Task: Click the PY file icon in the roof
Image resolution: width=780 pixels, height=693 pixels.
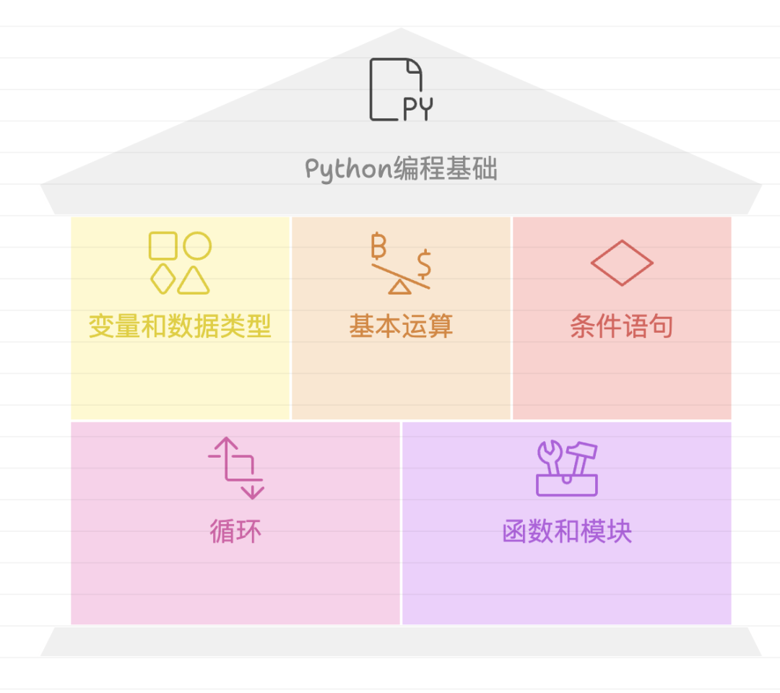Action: tap(400, 90)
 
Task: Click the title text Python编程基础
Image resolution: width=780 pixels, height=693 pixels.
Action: tap(401, 169)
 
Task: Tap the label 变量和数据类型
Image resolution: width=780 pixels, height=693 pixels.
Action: tap(180, 326)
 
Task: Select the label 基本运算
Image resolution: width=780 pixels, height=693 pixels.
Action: tap(401, 326)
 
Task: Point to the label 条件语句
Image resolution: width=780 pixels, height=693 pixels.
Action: tap(622, 326)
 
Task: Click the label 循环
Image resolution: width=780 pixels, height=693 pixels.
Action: tap(235, 532)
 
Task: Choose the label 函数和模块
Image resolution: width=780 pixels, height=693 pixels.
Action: tap(567, 532)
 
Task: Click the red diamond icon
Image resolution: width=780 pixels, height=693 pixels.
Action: tap(622, 263)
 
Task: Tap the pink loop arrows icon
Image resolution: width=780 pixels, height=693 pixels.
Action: tap(236, 468)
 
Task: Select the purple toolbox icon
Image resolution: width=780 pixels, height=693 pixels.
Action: tap(567, 469)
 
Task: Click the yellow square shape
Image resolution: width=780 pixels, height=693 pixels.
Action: tap(163, 245)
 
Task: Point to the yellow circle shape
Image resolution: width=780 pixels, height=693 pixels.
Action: tap(197, 245)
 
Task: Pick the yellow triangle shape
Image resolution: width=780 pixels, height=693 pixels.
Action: tap(194, 281)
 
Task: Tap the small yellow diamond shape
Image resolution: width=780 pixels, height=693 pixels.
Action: tap(163, 279)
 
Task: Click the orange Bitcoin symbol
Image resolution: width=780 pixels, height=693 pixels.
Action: tap(378, 245)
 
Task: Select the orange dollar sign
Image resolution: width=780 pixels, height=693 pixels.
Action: tap(424, 263)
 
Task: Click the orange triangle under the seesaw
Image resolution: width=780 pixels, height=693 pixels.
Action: tap(399, 287)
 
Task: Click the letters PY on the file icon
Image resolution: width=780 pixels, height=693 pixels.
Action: tap(417, 109)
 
